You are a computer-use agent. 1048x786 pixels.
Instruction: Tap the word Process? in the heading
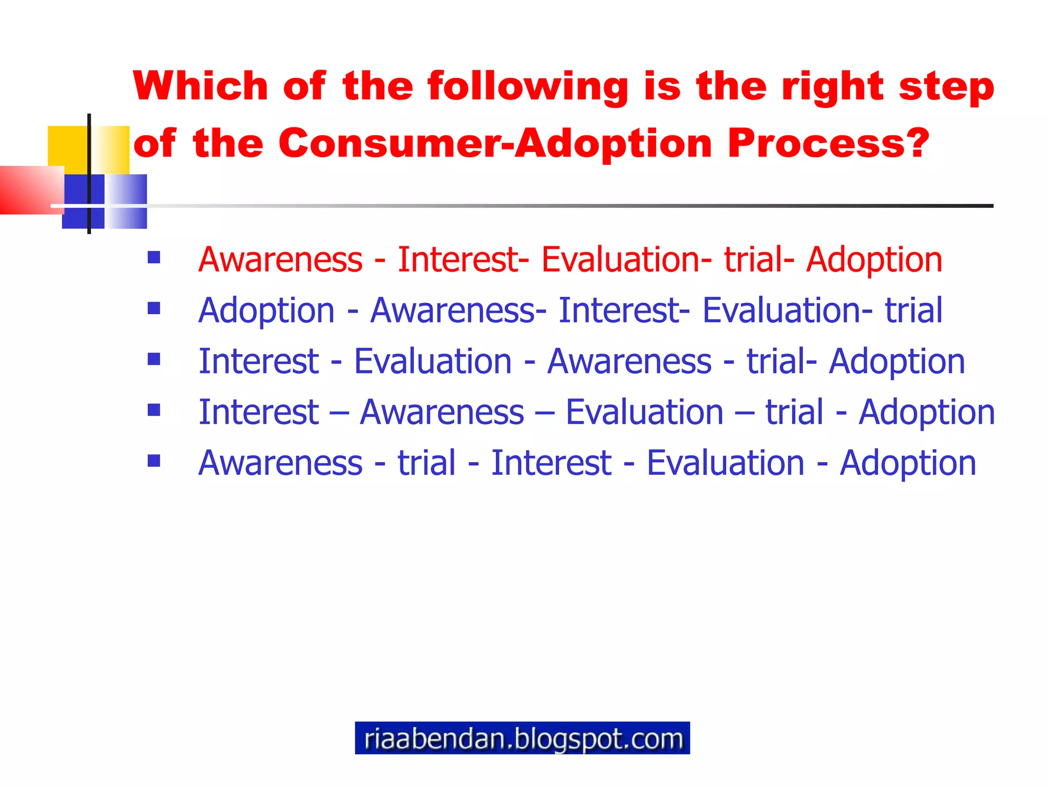click(827, 143)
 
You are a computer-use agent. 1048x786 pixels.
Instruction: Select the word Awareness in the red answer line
click(280, 259)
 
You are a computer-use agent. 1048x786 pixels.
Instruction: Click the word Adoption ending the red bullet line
click(874, 259)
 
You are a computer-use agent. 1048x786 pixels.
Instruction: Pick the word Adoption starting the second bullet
click(266, 311)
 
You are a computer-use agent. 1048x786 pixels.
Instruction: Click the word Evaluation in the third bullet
click(433, 361)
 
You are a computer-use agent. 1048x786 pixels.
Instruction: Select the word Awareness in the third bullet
click(629, 361)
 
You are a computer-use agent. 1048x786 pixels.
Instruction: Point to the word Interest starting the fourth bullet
click(258, 412)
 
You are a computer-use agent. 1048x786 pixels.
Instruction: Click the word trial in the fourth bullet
click(794, 412)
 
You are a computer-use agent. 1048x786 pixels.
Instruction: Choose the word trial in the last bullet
click(426, 463)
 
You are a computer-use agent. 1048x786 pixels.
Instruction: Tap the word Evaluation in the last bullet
click(725, 463)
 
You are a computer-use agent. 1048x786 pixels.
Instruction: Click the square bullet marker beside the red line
click(154, 257)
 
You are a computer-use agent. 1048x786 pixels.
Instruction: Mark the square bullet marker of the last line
click(154, 461)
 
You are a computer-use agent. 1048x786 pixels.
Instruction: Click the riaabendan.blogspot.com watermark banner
click(522, 738)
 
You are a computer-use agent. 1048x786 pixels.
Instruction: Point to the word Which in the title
click(200, 86)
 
